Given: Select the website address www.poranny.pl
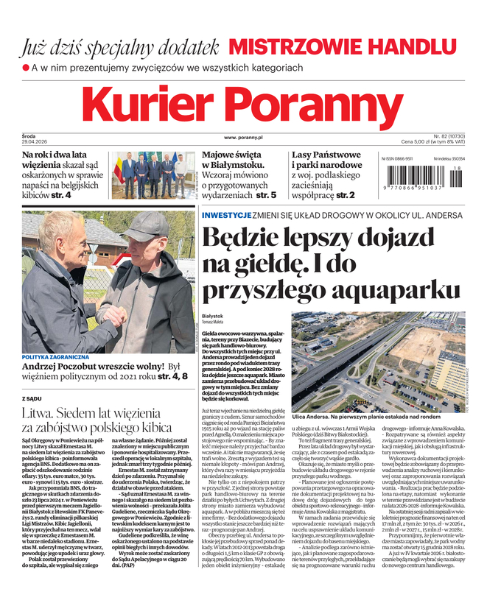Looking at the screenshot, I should pos(243,138).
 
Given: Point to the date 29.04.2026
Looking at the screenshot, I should pos(33,141).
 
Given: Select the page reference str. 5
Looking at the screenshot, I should pos(263,195).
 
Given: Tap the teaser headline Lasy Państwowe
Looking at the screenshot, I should pos(326,155).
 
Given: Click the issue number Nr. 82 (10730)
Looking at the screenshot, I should pos(453,136).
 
